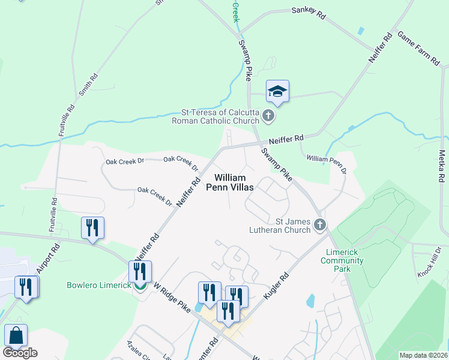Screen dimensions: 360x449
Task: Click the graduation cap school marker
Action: (x=277, y=91)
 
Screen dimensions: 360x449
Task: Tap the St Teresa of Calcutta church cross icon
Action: (x=268, y=116)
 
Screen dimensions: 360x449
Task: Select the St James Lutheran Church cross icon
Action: (x=320, y=225)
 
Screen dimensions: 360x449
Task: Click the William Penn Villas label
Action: (x=230, y=182)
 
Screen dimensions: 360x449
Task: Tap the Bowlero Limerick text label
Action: (x=99, y=285)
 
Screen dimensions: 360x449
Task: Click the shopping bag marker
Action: (x=16, y=335)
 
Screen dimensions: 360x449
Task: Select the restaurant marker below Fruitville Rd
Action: (x=92, y=228)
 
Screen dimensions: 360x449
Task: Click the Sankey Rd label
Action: (x=308, y=13)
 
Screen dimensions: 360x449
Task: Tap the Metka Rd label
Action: (x=442, y=167)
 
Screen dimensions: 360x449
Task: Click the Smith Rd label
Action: (x=88, y=86)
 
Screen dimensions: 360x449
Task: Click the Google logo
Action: (x=20, y=353)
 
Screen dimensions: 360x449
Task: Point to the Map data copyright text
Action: (x=423, y=355)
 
